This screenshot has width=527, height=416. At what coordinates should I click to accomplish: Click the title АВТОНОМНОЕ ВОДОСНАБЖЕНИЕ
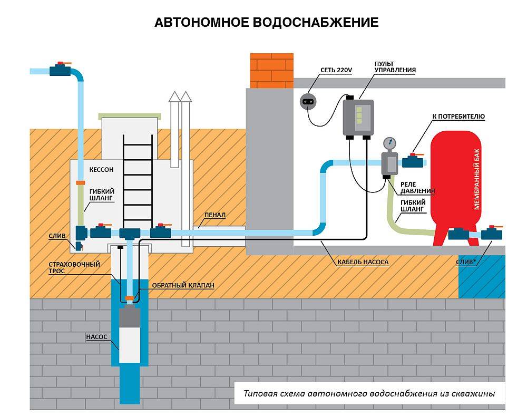pyautogui.click(x=266, y=23)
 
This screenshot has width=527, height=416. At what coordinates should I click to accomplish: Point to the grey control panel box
pyautogui.click(x=358, y=117)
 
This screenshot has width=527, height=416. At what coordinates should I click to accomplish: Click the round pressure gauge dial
pyautogui.click(x=389, y=142)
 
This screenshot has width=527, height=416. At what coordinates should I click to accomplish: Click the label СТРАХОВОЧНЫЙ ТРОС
pyautogui.click(x=74, y=268)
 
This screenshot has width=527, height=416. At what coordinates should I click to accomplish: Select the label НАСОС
pyautogui.click(x=96, y=336)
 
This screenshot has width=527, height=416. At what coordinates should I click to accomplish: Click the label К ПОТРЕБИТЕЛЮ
pyautogui.click(x=458, y=116)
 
